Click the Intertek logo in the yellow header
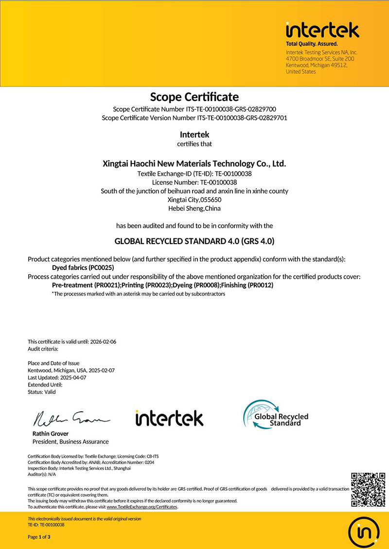point(322,31)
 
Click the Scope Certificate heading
point(194,97)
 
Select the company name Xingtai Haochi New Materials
point(194,164)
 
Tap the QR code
point(368,489)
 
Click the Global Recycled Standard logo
point(275,415)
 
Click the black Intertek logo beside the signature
point(169,418)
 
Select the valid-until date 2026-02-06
point(103,342)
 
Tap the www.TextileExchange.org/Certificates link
point(142,507)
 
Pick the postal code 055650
point(210,200)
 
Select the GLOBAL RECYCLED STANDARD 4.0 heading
point(194,241)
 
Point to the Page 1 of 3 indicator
point(39,537)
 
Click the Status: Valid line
point(42,392)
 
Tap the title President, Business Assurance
point(71,442)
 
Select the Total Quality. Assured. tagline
point(312,44)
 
